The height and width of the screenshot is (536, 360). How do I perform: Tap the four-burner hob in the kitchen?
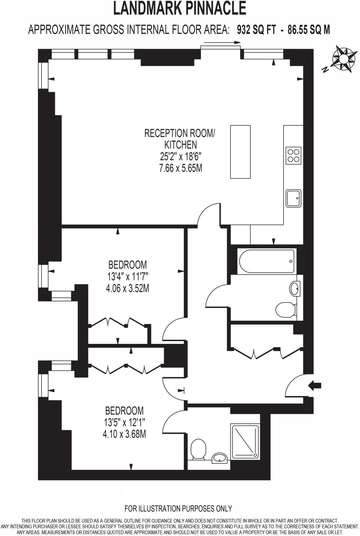click(293, 156)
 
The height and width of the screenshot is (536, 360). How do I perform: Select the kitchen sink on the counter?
click(293, 198)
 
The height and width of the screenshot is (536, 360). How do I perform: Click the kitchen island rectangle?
click(240, 152)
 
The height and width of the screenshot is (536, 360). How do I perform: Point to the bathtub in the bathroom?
click(267, 261)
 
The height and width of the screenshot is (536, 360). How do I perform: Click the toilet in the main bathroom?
click(285, 310)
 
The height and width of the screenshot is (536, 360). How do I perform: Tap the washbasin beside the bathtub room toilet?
click(295, 289)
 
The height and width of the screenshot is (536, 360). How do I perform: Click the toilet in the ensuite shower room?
click(198, 449)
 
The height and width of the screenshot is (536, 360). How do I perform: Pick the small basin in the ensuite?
click(219, 458)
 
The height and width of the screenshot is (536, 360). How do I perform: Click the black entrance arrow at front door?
click(315, 386)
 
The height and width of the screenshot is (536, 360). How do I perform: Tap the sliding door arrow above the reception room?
click(222, 42)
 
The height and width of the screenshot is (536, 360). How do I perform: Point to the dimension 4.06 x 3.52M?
click(127, 288)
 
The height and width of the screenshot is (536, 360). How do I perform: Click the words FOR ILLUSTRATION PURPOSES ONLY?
click(178, 509)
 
